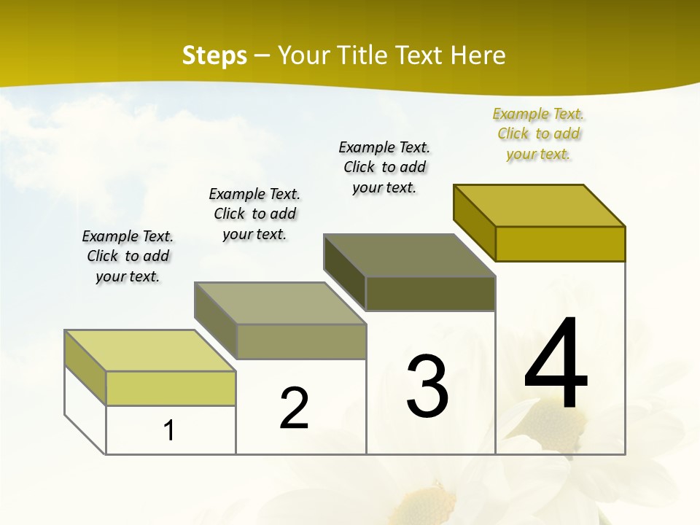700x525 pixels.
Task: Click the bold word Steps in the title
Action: [x=214, y=55]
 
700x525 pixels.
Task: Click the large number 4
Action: [x=556, y=365]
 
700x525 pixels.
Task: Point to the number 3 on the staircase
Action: [x=427, y=386]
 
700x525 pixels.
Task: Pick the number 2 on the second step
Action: [x=295, y=408]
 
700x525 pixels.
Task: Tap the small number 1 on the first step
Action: [x=169, y=430]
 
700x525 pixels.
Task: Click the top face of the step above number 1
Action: [x=150, y=351]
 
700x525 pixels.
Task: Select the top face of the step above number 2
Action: [x=280, y=303]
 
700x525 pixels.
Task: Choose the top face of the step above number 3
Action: [x=410, y=255]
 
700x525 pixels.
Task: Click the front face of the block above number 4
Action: [x=560, y=244]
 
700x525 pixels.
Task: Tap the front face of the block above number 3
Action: [x=430, y=293]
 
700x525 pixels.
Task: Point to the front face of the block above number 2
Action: [x=301, y=341]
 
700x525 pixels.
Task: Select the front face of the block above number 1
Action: [x=171, y=388]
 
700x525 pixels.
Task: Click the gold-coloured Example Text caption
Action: [x=538, y=133]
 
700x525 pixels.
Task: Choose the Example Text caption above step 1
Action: [x=128, y=256]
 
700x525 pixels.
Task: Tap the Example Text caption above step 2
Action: [x=254, y=214]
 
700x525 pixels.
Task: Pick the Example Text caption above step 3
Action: [x=384, y=167]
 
